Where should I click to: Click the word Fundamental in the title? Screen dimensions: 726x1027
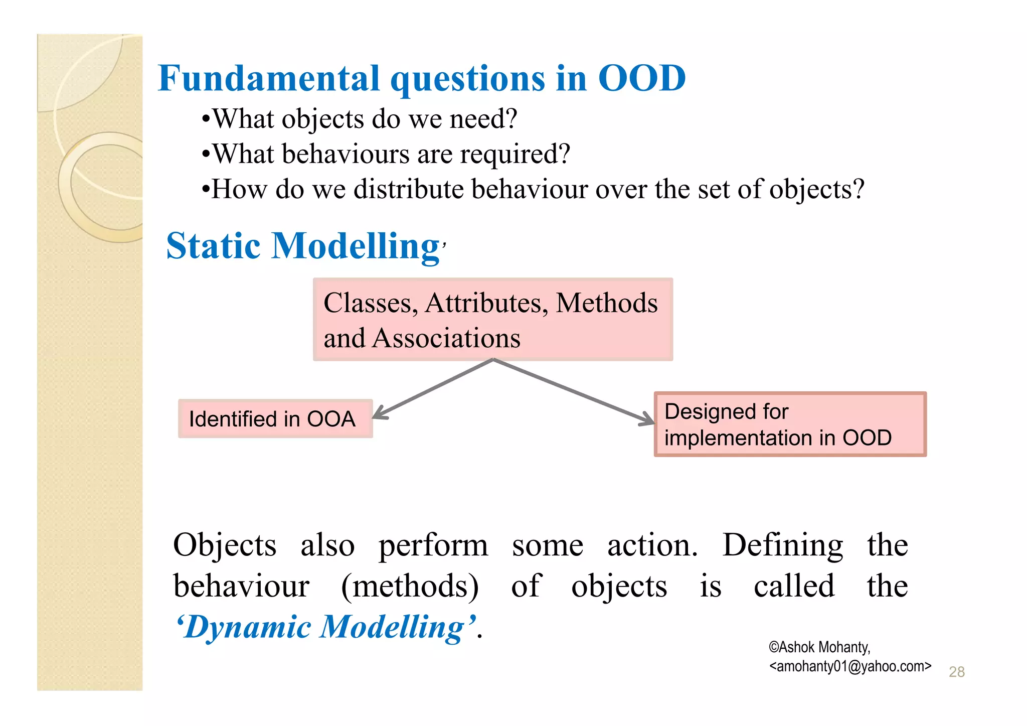click(269, 79)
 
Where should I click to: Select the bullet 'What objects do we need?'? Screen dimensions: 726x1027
click(359, 119)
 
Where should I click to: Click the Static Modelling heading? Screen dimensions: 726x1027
click(303, 246)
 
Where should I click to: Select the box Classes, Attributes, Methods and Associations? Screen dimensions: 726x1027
click(492, 320)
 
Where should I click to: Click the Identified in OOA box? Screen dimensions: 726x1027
click(275, 419)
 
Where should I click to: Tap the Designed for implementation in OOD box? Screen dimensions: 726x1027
click(790, 424)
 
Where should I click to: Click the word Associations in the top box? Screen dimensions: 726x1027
click(446, 338)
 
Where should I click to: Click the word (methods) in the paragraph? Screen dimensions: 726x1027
click(410, 586)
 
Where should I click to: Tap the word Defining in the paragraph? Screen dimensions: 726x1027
click(782, 545)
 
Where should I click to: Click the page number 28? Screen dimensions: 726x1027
click(956, 672)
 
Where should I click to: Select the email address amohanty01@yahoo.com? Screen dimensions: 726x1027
click(850, 666)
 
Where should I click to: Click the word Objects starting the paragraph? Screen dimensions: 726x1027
click(225, 545)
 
